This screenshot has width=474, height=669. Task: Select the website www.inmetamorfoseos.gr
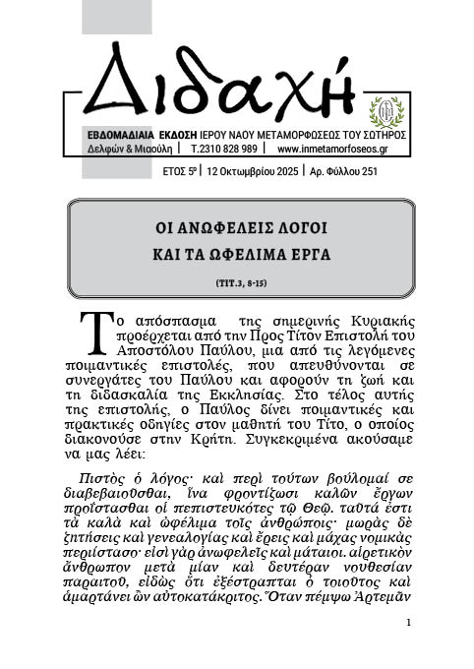pos(335,150)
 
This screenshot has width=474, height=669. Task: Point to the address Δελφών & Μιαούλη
pos(127,150)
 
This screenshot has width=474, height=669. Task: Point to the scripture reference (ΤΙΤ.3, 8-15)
pos(236,283)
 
